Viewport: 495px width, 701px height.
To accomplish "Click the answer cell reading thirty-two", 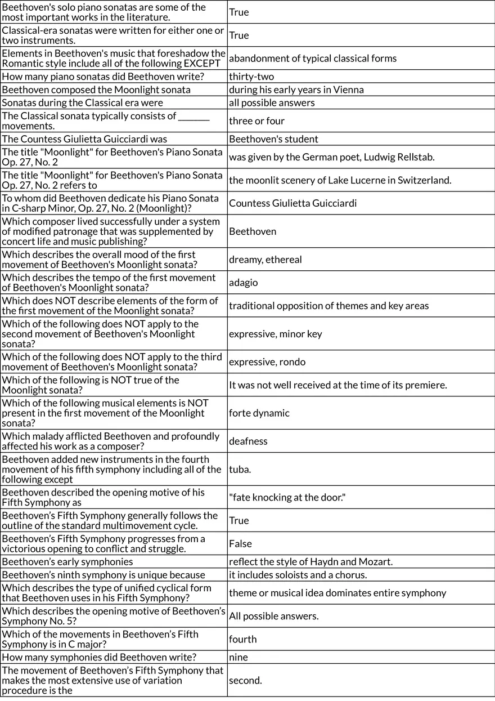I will point(251,77).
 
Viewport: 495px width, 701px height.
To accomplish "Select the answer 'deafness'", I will point(249,441).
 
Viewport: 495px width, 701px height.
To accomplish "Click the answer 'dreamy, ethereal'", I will point(265,260).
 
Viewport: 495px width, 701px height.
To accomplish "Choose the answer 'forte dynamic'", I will point(259,413).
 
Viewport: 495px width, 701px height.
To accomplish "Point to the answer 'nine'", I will point(238,657).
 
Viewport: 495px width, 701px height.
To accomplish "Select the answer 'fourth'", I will point(242,639).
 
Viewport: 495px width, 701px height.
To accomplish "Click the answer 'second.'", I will point(245,680).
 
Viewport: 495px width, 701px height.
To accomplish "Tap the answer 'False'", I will point(240,543).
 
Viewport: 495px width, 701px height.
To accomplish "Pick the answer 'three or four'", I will point(256,120).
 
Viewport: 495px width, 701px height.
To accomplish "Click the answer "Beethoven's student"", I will point(273,139).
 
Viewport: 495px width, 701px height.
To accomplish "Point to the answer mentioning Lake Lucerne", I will point(340,180).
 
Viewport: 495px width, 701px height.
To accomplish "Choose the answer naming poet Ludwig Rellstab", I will point(331,157).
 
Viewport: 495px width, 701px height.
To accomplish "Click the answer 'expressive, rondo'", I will point(267,361).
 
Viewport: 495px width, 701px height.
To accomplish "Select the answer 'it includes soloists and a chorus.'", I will point(298,575).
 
